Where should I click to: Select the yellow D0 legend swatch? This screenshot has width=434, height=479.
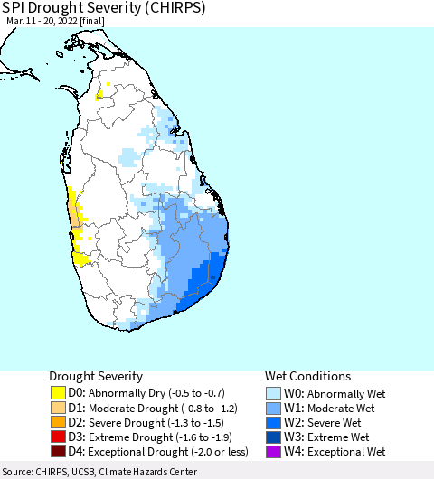pos(58,393)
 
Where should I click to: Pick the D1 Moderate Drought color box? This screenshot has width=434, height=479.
pos(58,408)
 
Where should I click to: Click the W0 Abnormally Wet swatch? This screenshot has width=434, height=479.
pos(274,393)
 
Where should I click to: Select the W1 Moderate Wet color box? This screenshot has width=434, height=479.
pos(274,408)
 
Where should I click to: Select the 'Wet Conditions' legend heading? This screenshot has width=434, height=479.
pos(307,376)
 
